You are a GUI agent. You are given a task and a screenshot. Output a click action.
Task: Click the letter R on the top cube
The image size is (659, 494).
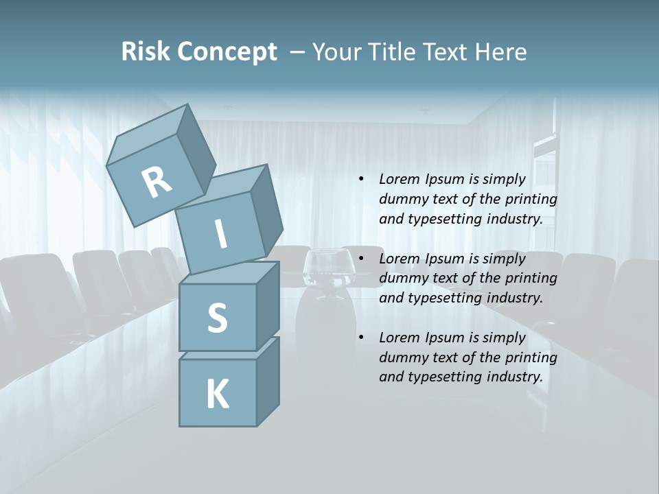pos(157,183)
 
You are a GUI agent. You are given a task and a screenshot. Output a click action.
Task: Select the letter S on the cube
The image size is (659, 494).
pos(217,318)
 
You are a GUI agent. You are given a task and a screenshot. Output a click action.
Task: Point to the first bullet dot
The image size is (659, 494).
pos(361,179)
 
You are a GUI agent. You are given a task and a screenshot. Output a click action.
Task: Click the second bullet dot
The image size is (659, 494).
pos(361,259)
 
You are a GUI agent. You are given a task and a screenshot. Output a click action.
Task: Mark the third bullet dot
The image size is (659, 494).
pos(361,338)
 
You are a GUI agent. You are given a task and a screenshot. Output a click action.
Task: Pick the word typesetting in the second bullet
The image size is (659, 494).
pos(439,298)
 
